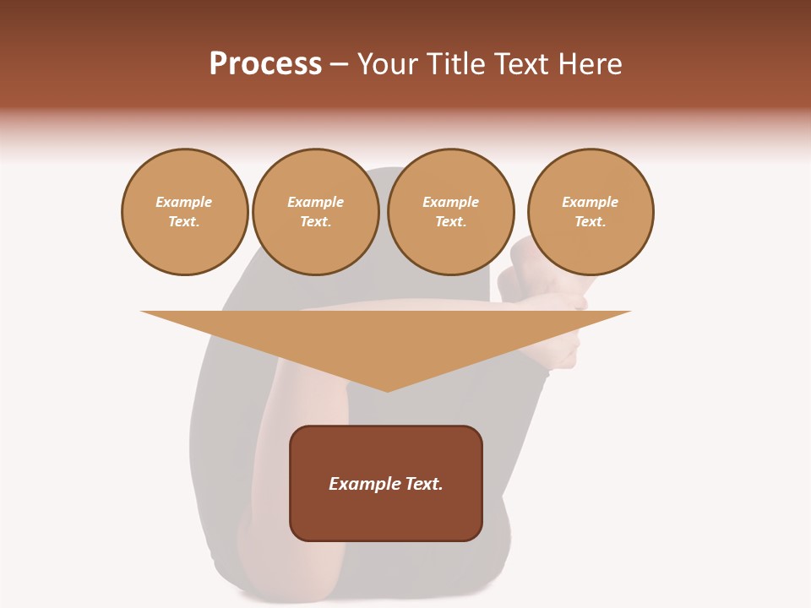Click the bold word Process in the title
[265, 64]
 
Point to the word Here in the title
[591, 64]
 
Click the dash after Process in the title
[339, 65]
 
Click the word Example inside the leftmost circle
[184, 202]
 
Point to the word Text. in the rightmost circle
[591, 222]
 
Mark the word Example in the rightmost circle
[591, 202]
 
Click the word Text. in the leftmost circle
[184, 222]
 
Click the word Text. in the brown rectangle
[424, 484]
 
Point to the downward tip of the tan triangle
[387, 389]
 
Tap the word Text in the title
[524, 64]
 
